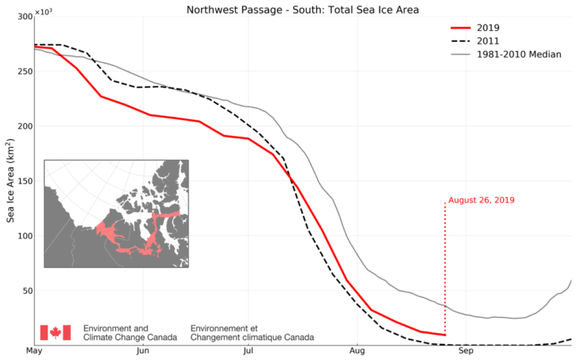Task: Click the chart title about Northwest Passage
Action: click(303, 10)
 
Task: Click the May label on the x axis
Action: click(35, 350)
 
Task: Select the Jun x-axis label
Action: click(143, 350)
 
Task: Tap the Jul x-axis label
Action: click(249, 350)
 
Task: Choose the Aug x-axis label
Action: click(357, 350)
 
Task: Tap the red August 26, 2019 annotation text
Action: click(482, 200)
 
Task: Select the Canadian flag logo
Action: click(56, 332)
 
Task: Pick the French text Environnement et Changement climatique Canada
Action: click(251, 332)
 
